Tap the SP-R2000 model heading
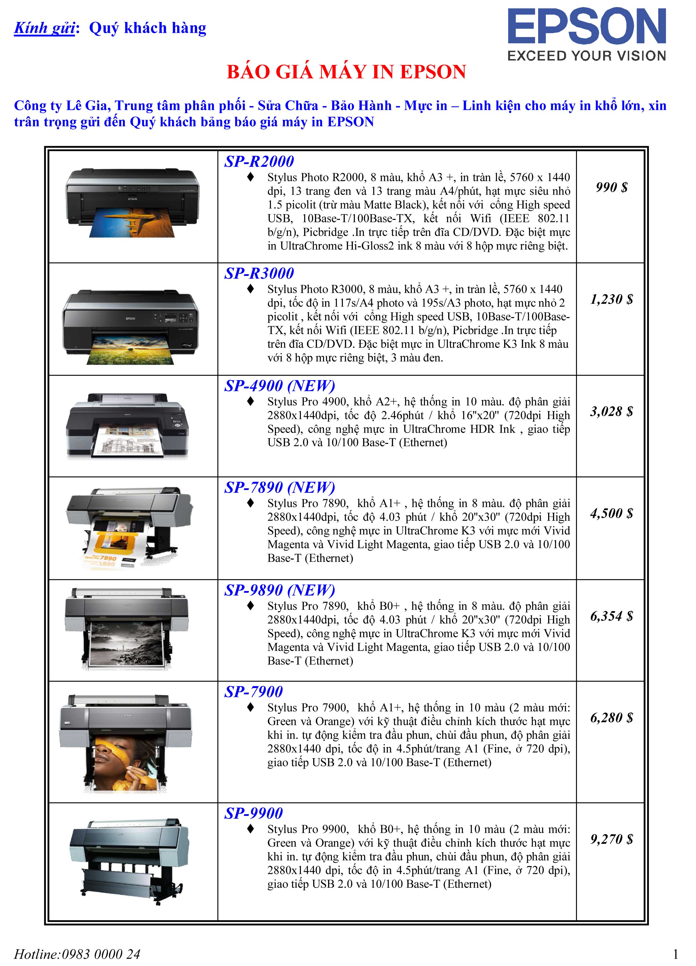point(259,162)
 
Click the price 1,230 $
point(611,299)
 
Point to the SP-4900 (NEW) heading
point(279,386)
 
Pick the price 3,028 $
point(611,412)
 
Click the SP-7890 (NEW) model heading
point(279,488)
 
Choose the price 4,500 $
point(611,513)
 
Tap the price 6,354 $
point(611,616)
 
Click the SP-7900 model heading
point(254,692)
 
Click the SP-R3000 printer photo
point(131,327)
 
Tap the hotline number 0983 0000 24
point(101,954)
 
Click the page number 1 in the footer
point(675,954)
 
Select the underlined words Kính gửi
point(45,28)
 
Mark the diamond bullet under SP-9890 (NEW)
point(251,605)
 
